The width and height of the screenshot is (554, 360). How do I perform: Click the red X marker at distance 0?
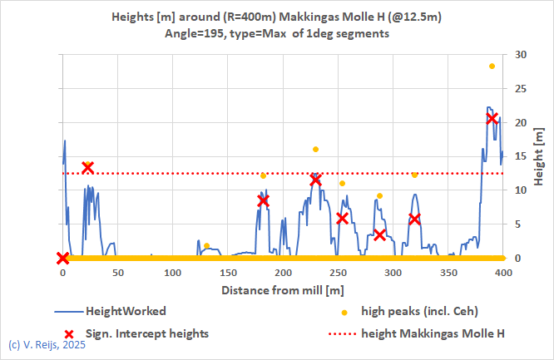[62, 258]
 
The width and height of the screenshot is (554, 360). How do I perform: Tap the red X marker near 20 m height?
[492, 118]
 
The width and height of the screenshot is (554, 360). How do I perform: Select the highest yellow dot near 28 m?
[492, 67]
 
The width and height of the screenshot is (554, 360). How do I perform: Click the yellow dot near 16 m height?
[315, 150]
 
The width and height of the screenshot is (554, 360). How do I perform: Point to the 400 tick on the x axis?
[502, 272]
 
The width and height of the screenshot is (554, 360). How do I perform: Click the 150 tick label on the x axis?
[227, 272]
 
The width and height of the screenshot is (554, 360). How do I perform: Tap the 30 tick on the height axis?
[521, 54]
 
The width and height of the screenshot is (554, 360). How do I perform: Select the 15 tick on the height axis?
[521, 156]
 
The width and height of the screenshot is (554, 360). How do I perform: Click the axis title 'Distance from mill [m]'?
[282, 290]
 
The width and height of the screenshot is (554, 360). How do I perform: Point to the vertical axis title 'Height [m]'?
[539, 156]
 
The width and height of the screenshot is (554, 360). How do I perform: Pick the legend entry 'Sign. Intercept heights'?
[147, 333]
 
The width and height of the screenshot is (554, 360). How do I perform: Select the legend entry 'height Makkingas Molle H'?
[433, 333]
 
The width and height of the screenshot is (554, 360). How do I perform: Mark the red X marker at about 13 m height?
[87, 168]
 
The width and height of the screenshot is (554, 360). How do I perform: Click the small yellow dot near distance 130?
[206, 245]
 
